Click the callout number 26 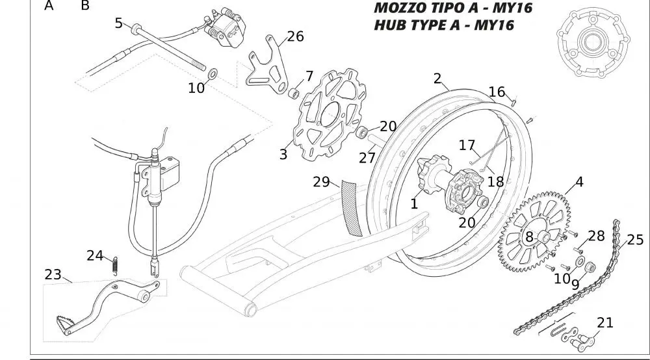[x=295, y=36]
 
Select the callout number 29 [x=322, y=182]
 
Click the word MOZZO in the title [x=398, y=9]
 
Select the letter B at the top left [x=85, y=6]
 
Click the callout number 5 [x=118, y=23]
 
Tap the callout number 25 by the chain [x=635, y=240]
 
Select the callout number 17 [x=467, y=146]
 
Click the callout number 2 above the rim [x=437, y=79]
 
